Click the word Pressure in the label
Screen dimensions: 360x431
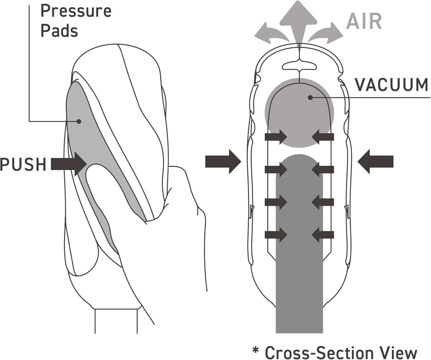(76, 11)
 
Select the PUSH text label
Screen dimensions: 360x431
(23, 164)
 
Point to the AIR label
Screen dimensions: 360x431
(364, 21)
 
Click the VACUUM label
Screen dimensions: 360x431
(392, 85)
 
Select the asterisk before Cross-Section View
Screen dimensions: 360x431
(255, 351)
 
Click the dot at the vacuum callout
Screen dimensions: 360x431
(310, 98)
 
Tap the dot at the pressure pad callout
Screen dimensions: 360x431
(79, 121)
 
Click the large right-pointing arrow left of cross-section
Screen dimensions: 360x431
(223, 162)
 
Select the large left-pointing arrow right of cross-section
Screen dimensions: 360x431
(376, 162)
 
